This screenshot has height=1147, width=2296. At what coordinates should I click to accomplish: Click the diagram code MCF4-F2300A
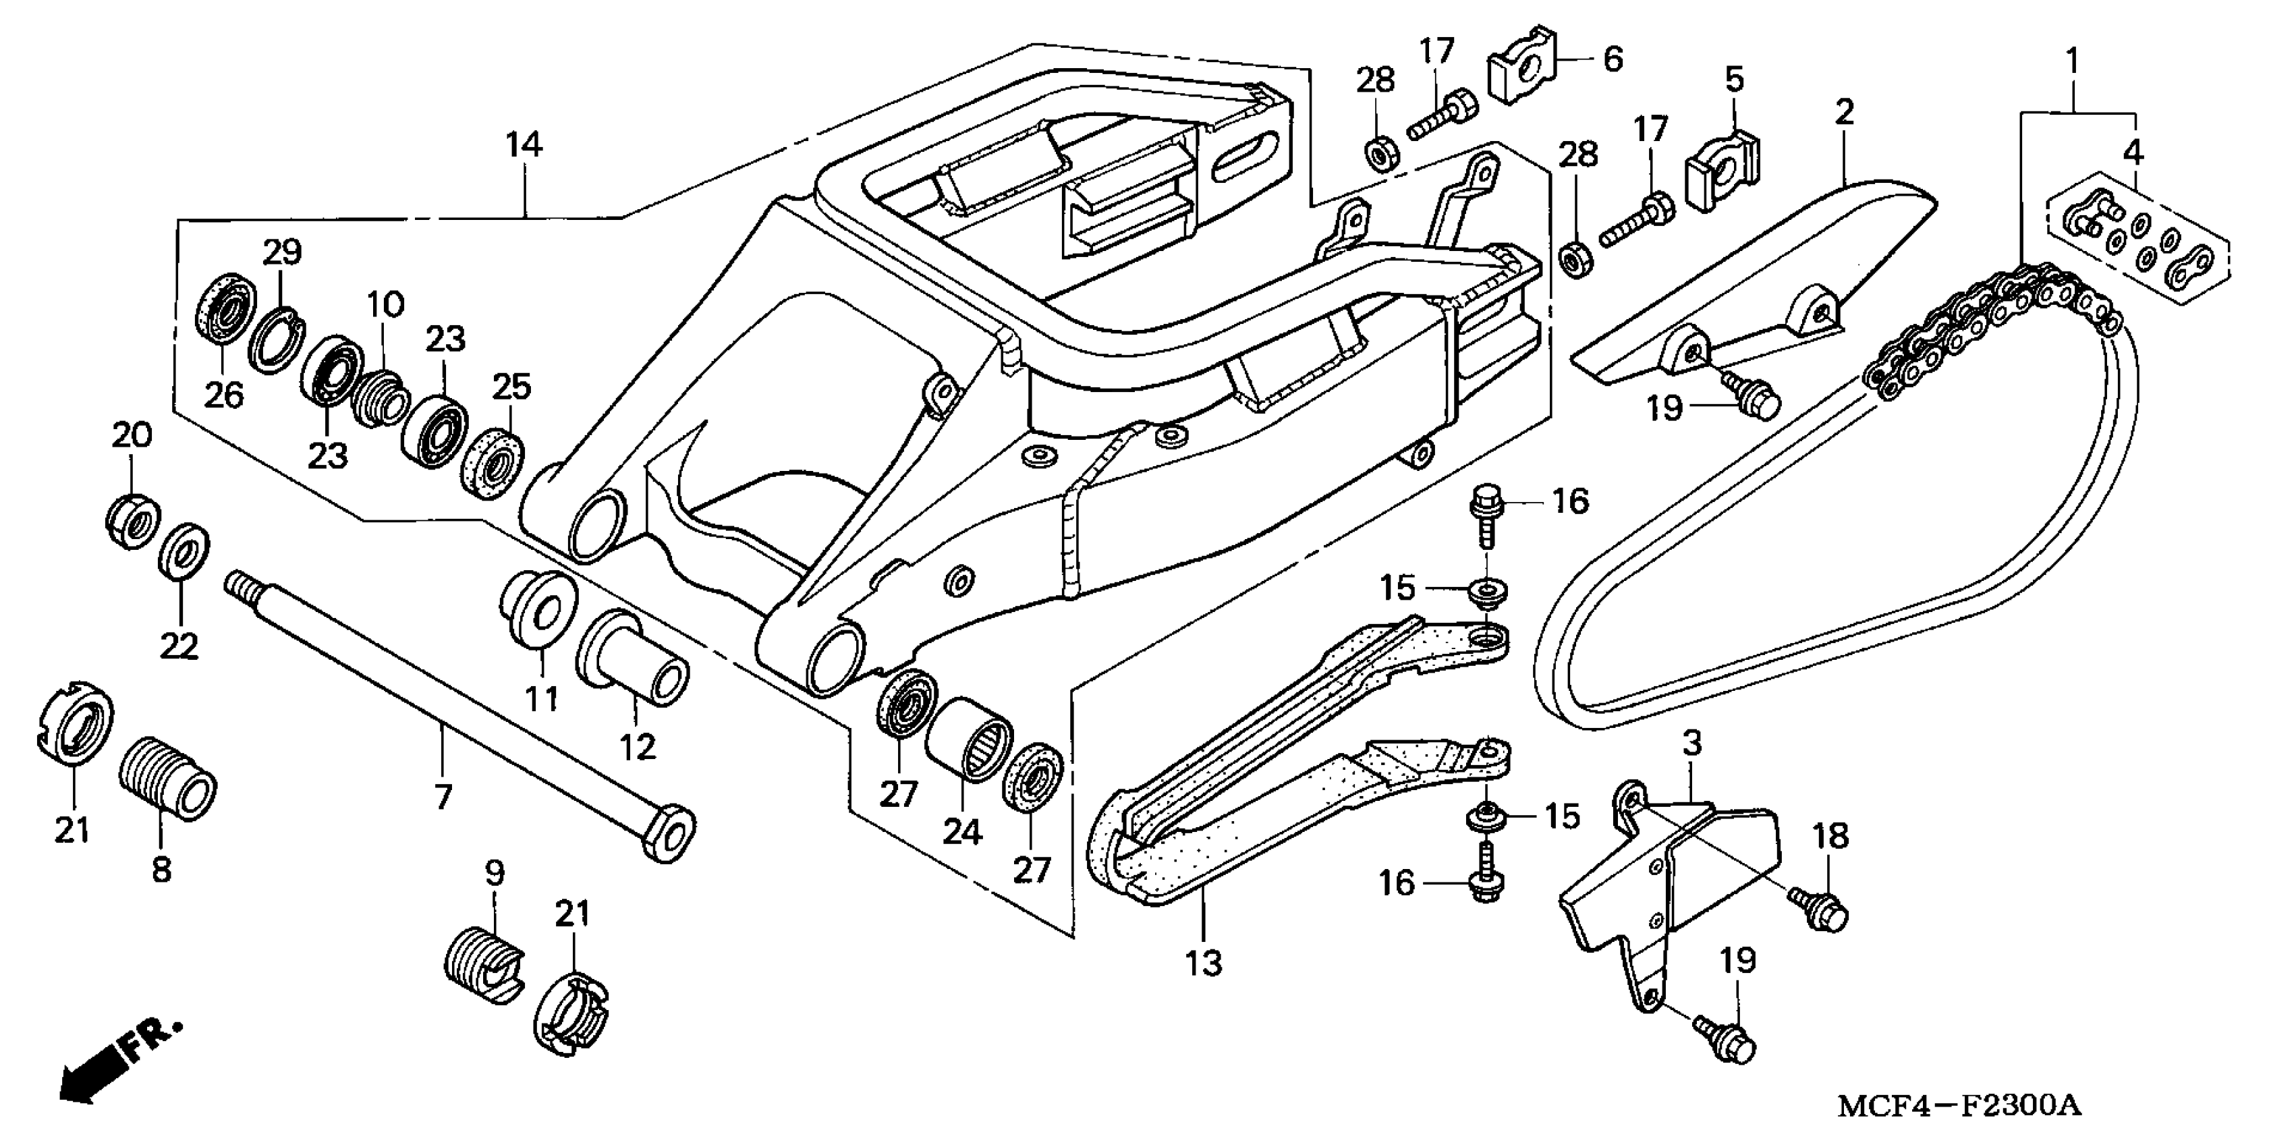point(1960,1105)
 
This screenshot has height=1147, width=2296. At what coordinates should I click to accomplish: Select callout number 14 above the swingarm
point(524,144)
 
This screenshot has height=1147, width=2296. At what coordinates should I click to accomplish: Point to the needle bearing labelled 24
point(970,739)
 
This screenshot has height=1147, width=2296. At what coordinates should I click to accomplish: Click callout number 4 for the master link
point(2132,152)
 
